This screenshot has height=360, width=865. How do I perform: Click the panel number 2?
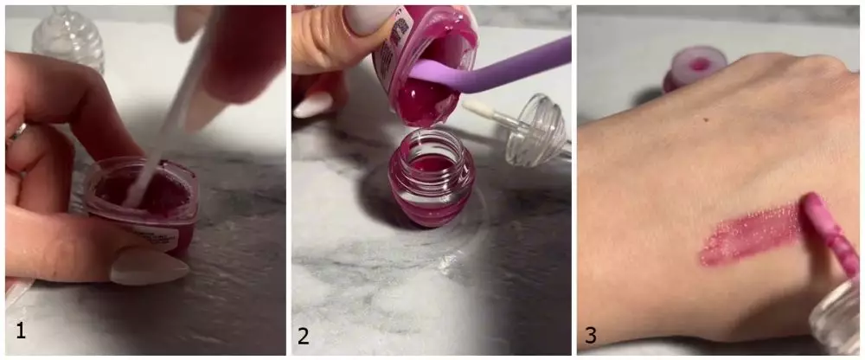[x=304, y=334]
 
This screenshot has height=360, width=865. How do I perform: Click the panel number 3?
[x=591, y=334]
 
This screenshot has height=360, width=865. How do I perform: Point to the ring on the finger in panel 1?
[x=15, y=132]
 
